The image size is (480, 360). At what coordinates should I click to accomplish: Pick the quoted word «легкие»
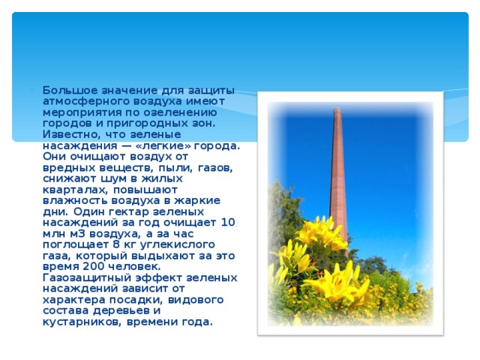click(x=168, y=145)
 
